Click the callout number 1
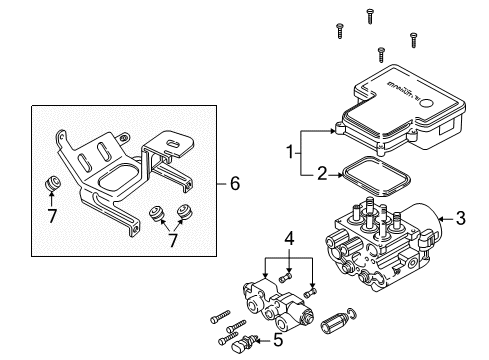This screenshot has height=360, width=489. (290, 153)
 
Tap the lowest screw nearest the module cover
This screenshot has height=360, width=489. (380, 52)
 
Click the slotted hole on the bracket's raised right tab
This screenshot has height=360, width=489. (172, 145)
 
